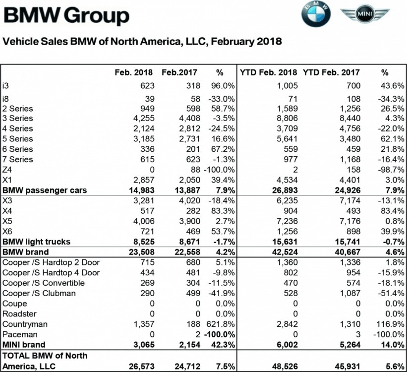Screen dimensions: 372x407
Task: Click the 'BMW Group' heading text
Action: coord(66,16)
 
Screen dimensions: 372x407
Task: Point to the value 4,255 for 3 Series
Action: coord(141,118)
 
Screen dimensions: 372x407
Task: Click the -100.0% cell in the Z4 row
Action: coord(219,170)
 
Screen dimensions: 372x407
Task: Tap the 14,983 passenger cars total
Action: coord(139,190)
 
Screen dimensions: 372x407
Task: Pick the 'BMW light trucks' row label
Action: coord(36,242)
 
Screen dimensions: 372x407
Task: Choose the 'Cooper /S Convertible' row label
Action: coord(43,283)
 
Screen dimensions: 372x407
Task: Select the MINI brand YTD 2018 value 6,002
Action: coord(285,345)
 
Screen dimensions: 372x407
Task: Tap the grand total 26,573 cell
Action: coord(139,366)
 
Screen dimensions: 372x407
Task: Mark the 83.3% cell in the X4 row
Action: coord(223,211)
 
